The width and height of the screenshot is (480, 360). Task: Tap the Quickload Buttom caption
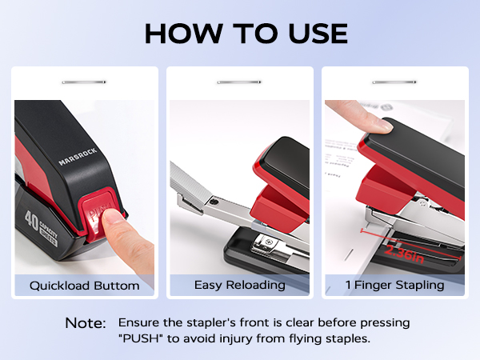[85, 286]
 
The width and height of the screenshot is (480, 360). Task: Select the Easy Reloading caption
[239, 286]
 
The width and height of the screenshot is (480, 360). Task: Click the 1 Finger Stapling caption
[395, 286]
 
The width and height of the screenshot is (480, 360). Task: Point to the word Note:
[86, 323]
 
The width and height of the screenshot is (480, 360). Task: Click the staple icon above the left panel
[84, 81]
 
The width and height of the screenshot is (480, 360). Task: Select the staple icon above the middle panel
[239, 81]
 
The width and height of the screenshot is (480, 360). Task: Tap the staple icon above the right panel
[395, 81]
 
